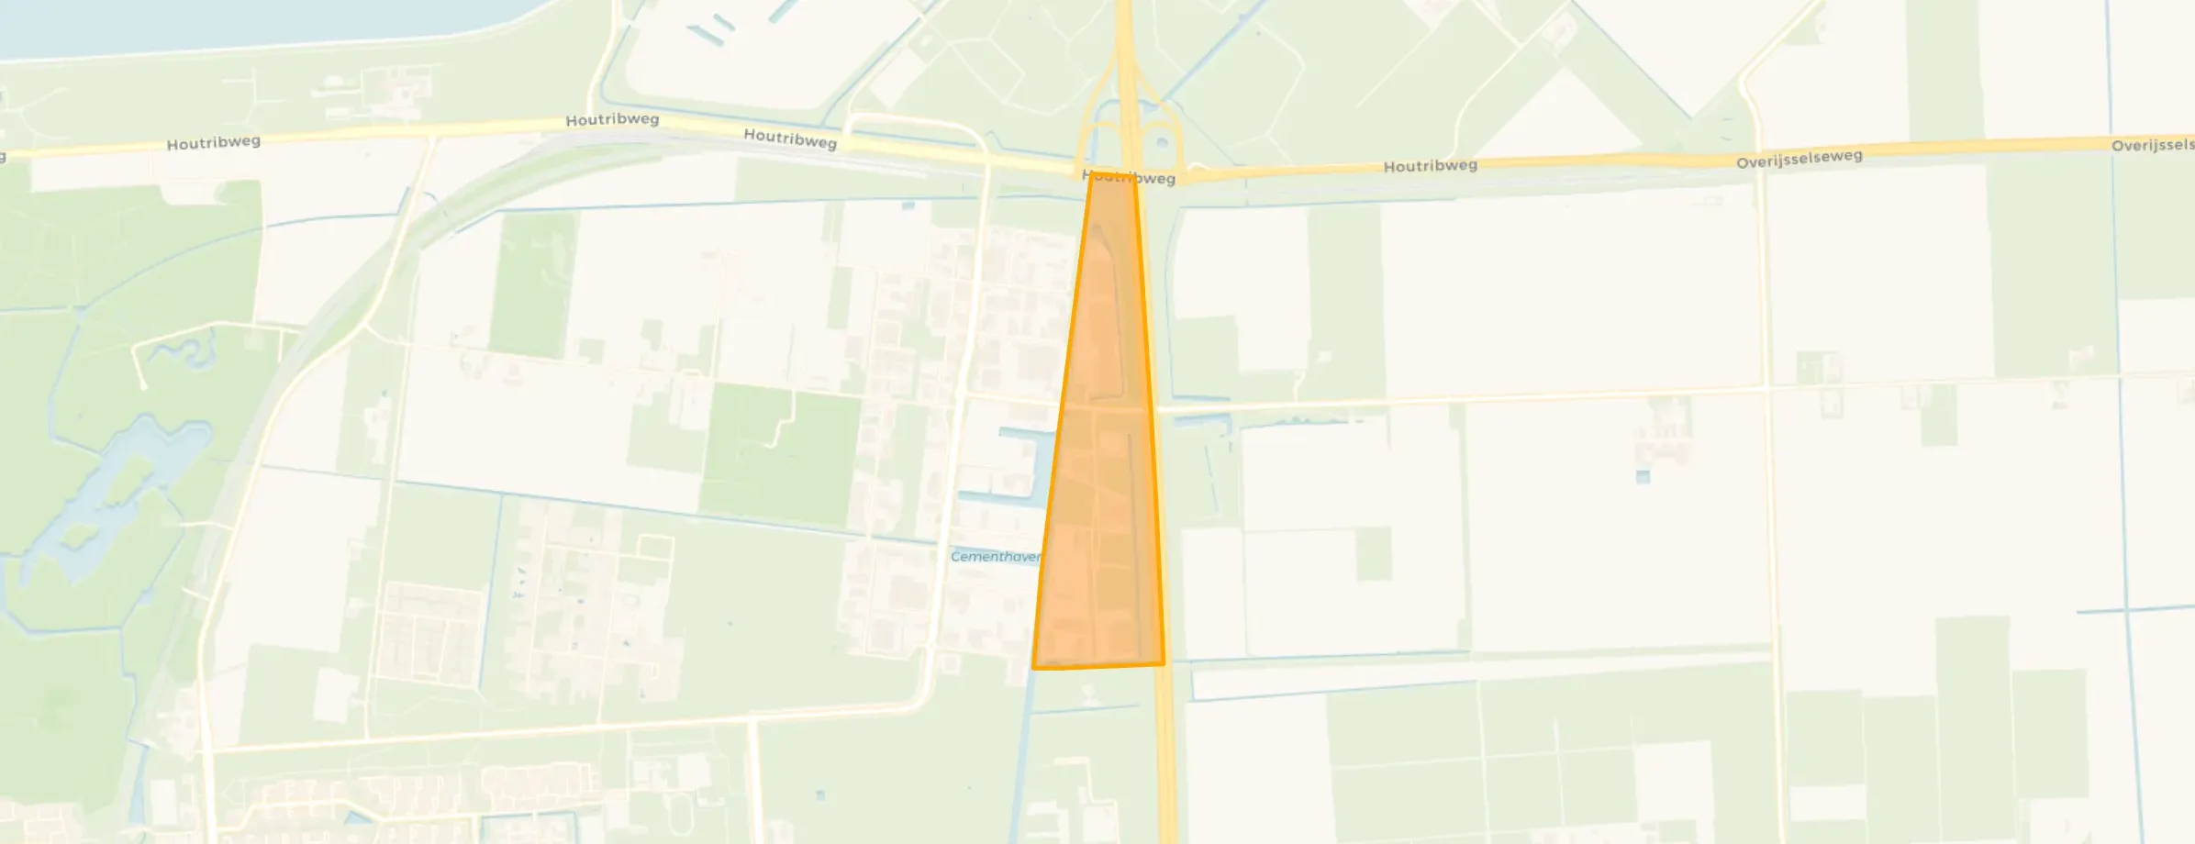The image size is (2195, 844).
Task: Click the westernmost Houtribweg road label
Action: click(213, 143)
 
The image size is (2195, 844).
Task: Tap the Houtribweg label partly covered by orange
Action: click(1129, 177)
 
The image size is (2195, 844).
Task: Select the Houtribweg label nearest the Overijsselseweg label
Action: click(1430, 166)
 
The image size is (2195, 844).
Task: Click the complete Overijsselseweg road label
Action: click(1799, 159)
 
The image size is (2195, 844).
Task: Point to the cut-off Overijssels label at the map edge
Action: click(2152, 145)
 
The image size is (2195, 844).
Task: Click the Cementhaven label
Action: click(995, 557)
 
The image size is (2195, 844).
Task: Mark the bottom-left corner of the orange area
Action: click(1034, 667)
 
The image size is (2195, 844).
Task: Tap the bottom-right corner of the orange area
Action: click(1163, 662)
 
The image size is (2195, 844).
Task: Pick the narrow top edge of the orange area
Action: click(1112, 172)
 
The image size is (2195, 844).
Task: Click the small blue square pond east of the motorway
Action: click(1643, 477)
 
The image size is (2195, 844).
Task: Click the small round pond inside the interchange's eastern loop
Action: click(1163, 142)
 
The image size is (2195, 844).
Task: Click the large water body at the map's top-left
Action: click(229, 23)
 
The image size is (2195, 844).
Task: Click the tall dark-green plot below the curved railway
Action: click(532, 284)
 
